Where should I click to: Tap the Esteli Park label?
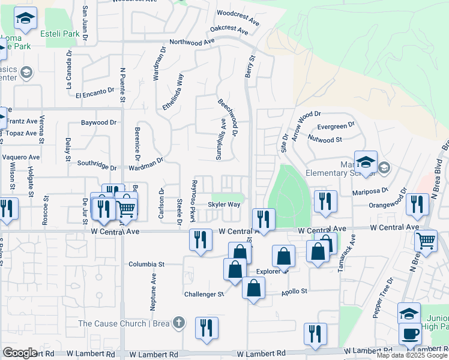pyautogui.click(x=59, y=34)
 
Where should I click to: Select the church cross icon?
pyautogui.click(x=178, y=323)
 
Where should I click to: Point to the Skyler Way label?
pyautogui.click(x=224, y=205)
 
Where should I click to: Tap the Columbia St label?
pyautogui.click(x=146, y=264)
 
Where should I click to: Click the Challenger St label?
pyautogui.click(x=203, y=295)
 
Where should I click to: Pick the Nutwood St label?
pyautogui.click(x=324, y=139)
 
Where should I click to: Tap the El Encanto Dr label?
pyautogui.click(x=95, y=92)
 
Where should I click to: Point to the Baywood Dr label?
pyautogui.click(x=99, y=123)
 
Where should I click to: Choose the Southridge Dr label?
pyautogui.click(x=96, y=164)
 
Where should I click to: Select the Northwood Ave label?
pyautogui.click(x=192, y=42)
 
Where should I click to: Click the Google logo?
pyautogui.click(x=20, y=353)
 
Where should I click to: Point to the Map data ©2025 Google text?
pyautogui.click(x=412, y=355)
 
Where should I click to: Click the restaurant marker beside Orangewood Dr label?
pyautogui.click(x=417, y=205)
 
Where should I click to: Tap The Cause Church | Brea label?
pyautogui.click(x=123, y=323)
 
